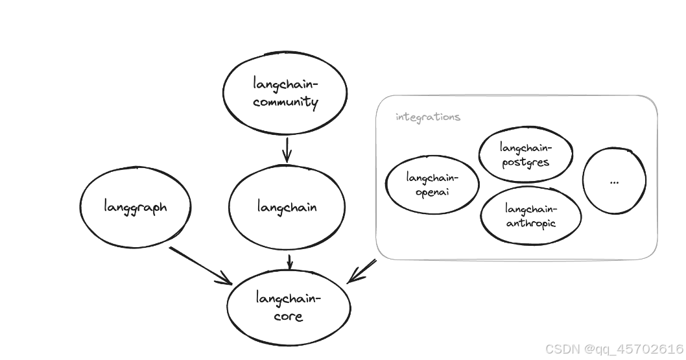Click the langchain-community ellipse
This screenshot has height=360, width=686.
point(285,93)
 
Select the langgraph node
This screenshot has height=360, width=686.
point(136,208)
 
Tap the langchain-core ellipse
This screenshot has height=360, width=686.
point(288,307)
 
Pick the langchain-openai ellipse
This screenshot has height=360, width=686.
point(432,185)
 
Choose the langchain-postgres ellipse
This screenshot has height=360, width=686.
point(526,154)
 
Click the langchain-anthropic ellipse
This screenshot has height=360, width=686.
point(530,216)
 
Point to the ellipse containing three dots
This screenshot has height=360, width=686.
point(614,181)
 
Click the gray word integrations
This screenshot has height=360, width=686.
point(428,117)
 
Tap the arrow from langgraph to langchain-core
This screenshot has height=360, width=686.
point(200,265)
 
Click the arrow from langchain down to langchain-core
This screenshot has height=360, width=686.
point(290,261)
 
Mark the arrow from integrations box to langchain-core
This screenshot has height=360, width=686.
point(362,271)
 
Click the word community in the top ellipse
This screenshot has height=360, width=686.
point(286,102)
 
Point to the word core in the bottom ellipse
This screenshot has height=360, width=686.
point(288,317)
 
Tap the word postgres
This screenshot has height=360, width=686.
point(526,162)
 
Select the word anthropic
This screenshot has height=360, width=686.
point(531,223)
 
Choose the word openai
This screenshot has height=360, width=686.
point(432,192)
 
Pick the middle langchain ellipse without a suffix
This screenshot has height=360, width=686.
point(287,208)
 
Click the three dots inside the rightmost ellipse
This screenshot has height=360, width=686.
point(614,182)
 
